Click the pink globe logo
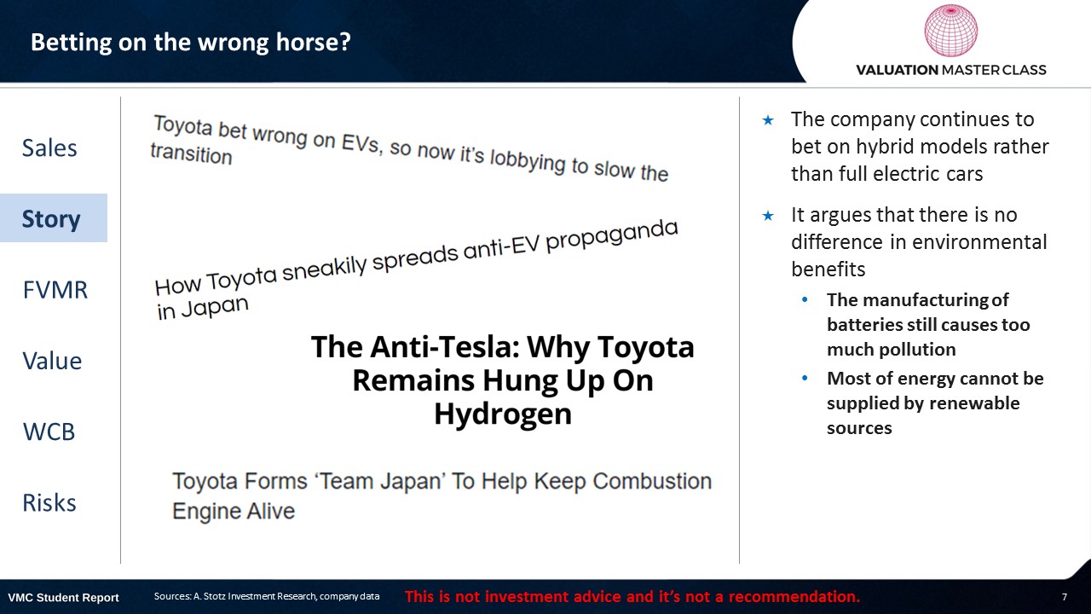[950, 31]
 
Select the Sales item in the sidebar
[49, 148]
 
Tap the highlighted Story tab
[51, 219]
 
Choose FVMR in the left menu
[55, 290]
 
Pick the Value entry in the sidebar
[52, 361]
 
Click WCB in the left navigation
[49, 432]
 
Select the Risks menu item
[49, 503]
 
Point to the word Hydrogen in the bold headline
[503, 414]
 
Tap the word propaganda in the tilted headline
[612, 236]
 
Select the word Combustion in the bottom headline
[652, 482]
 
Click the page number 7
[1065, 597]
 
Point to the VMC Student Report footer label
[63, 598]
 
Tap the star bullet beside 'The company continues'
[768, 120]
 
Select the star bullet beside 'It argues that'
[768, 216]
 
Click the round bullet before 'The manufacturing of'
[805, 299]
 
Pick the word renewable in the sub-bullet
[987, 403]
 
